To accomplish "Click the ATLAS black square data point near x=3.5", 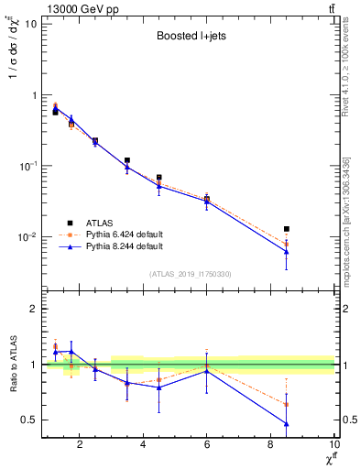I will coord(127,160).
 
